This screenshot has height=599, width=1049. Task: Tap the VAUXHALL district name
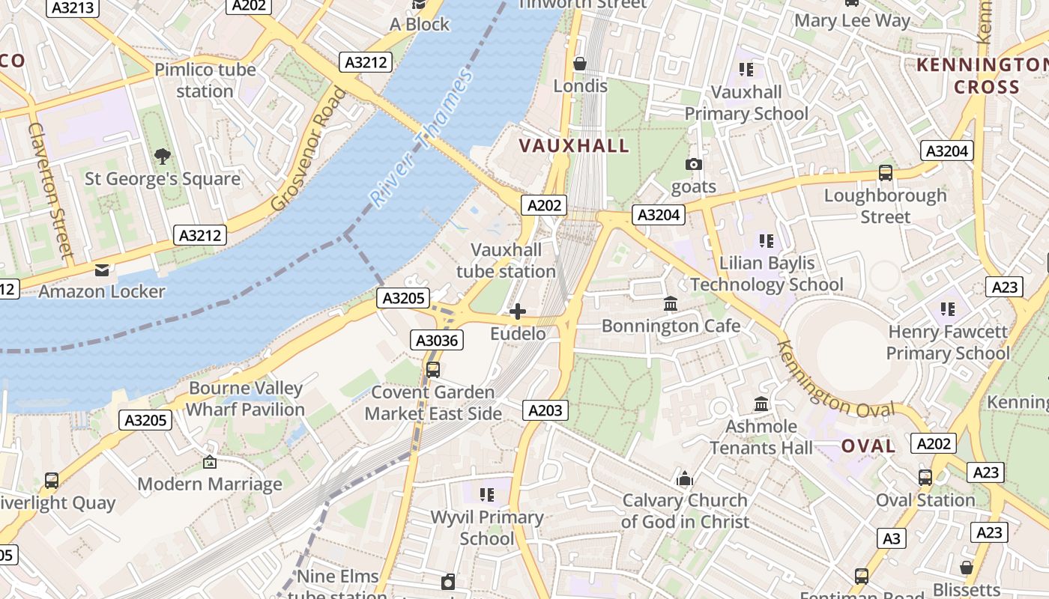point(575,146)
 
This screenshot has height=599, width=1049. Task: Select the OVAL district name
point(868,446)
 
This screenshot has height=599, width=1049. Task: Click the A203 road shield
point(545,410)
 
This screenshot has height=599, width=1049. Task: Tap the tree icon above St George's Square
point(162,156)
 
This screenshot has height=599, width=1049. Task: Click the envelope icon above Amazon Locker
point(101,270)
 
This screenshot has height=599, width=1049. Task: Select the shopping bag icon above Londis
point(580,64)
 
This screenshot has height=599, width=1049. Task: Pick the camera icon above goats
point(694,164)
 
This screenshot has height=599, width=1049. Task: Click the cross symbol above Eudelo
point(518,311)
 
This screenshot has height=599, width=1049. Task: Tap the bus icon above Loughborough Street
point(886,173)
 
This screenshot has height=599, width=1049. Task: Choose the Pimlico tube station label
point(205,80)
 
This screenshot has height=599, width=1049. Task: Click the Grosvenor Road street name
point(309,149)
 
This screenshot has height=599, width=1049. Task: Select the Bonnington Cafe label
point(671,326)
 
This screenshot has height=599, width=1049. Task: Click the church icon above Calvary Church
point(685,479)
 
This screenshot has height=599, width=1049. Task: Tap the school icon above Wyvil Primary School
point(488,494)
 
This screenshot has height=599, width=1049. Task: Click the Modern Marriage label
point(210,484)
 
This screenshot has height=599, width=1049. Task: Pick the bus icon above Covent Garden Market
point(433,369)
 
